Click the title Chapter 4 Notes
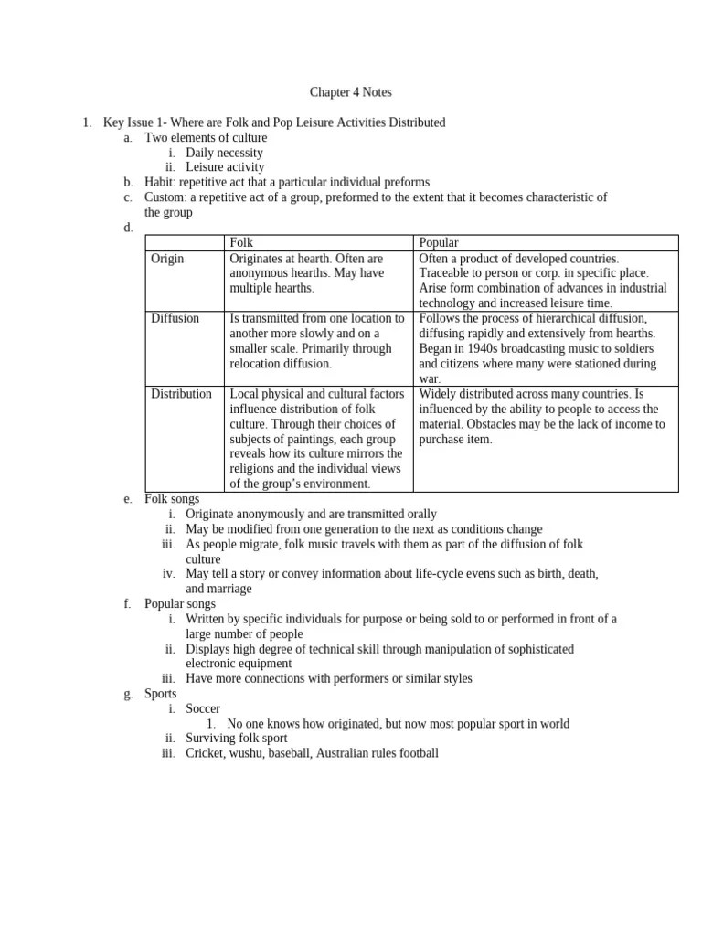(x=350, y=92)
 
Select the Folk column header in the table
(x=241, y=242)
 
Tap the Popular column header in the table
(x=439, y=242)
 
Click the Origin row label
(x=167, y=259)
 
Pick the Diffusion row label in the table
(x=175, y=318)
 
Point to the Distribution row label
(x=181, y=394)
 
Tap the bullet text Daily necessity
(x=224, y=153)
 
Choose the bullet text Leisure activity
(x=225, y=167)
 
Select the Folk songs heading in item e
(x=172, y=499)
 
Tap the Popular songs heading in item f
(x=180, y=603)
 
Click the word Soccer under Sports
(x=203, y=708)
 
